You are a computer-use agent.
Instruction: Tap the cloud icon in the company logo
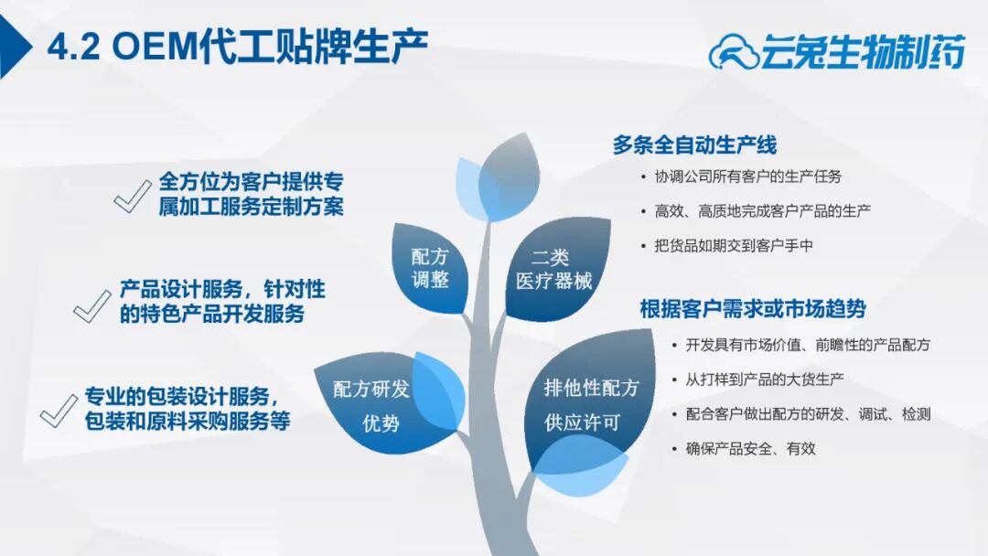[x=735, y=51]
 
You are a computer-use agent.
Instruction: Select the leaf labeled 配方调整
[x=430, y=267]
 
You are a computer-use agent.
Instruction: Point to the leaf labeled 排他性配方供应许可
[x=589, y=403]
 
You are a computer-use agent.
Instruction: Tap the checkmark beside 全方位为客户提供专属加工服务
[x=133, y=196]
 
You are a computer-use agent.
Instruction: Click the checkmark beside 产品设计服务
[x=92, y=306]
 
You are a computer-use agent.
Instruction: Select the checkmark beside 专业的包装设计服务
[x=59, y=411]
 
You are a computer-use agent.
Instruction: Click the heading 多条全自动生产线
[x=694, y=145]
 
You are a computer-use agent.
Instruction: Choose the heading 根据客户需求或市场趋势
[x=753, y=309]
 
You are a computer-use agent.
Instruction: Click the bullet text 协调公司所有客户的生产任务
[x=748, y=176]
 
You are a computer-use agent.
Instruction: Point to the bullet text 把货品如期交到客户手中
[x=734, y=246]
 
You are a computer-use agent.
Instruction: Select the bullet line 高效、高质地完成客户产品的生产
[x=762, y=211]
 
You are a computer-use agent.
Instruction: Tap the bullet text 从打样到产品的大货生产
[x=764, y=380]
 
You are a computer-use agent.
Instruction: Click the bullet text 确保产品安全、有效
[x=750, y=449]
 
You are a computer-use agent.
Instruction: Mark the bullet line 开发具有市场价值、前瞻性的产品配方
[x=808, y=345]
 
